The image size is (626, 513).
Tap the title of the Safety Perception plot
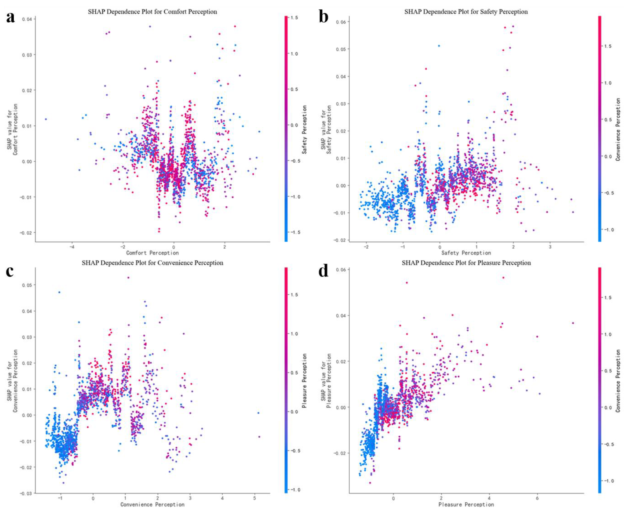coord(466,12)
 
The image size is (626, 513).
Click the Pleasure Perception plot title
coord(466,263)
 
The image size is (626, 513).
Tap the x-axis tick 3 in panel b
coord(550,246)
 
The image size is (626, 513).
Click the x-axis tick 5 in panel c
coord(254,498)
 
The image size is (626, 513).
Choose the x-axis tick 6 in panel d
coord(537,498)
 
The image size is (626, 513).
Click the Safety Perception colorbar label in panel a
coord(304,129)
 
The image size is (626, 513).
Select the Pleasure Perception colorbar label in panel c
coord(304,381)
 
